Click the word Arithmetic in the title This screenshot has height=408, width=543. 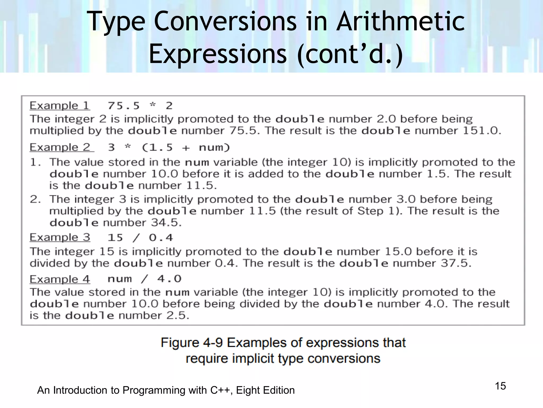400,22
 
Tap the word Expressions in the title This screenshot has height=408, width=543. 217,54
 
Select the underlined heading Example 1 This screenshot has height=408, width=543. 59,106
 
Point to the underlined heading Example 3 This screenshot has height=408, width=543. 60,237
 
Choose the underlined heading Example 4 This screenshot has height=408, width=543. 60,279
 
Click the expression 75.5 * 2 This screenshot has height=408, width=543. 140,106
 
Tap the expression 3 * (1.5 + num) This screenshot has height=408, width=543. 169,148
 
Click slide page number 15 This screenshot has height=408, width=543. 500,386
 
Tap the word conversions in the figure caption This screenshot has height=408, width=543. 344,359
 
